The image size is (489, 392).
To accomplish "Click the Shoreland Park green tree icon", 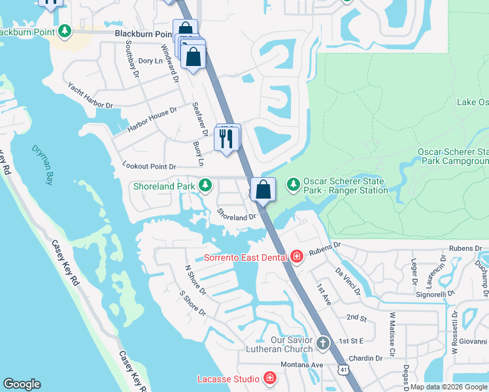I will coord(205,186).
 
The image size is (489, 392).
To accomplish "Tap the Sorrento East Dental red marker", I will coord(297,257).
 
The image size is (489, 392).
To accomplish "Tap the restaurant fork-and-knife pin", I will coord(227,138).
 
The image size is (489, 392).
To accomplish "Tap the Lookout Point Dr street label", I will coord(149,167).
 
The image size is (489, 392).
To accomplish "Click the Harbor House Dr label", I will coord(152,120).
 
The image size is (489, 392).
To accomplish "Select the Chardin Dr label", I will coord(365,358).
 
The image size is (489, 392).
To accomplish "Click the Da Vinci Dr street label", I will coord(348,280).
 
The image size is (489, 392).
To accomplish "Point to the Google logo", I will coord(22,384).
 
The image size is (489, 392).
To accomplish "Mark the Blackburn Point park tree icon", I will coord(64,31).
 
